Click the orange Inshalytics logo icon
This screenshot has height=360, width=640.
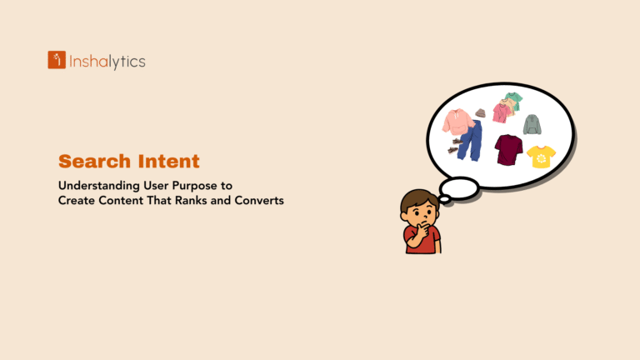pos(57,60)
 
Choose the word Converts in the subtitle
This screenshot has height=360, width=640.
pos(260,200)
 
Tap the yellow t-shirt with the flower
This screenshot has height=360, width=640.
pos(541,156)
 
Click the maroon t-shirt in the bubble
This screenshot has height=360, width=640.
pos(508,149)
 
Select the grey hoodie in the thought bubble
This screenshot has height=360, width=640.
pos(532,124)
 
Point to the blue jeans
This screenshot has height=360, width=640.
pos(471,140)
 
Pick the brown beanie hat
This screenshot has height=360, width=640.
pos(480,113)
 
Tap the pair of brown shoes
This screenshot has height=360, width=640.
pos(454,147)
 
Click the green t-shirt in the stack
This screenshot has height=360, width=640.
pos(513,100)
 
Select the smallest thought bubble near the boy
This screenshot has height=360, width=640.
pos(445,200)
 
